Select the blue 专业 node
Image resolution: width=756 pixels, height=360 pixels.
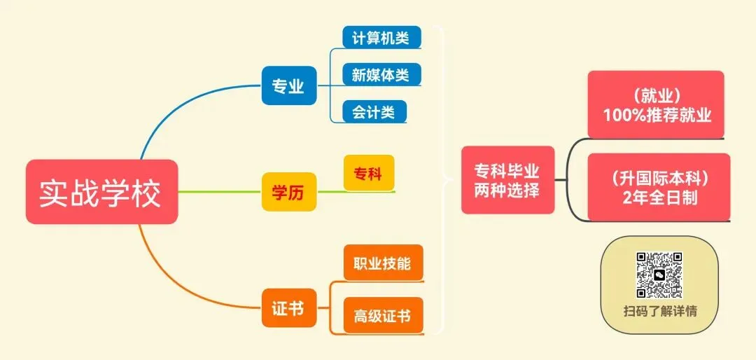point(288,85)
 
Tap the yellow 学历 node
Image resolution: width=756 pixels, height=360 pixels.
point(288,191)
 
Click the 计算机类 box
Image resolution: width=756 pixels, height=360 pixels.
point(381,37)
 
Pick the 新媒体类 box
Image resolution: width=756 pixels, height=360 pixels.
point(381,74)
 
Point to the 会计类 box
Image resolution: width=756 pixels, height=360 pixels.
point(374,111)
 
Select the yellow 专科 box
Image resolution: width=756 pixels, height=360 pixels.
point(368,173)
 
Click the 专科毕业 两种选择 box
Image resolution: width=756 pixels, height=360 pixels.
point(507,180)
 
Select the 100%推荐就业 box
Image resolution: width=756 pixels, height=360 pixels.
point(655,104)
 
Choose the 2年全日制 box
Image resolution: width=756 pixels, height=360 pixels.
point(659,186)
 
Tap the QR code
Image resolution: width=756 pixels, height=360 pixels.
point(659,275)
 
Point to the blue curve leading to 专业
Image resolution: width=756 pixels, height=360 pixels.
point(175,112)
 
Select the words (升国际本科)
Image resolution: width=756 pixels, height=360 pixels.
point(659,176)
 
